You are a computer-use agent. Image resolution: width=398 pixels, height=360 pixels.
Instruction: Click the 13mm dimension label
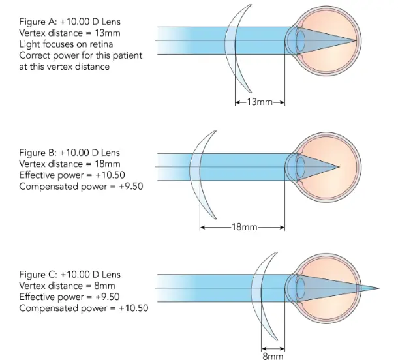coord(260,102)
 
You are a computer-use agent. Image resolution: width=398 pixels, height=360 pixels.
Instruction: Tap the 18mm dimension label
coord(245,226)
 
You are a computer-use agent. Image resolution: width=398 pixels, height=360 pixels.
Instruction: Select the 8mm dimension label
coord(273,356)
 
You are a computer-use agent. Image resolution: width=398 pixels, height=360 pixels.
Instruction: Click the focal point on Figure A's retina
coord(356,40)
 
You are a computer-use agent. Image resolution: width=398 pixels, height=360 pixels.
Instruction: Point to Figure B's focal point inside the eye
coord(339,167)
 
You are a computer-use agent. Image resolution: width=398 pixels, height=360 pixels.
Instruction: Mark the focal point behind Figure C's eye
coord(378,288)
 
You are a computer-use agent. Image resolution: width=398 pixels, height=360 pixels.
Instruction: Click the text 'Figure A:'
coord(38,22)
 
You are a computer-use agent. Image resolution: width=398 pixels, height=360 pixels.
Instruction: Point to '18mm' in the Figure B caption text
coord(108,164)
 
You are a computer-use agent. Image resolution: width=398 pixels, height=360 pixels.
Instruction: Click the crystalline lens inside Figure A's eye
coord(301,40)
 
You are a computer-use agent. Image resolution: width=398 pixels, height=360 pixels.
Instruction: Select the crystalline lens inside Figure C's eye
coord(301,288)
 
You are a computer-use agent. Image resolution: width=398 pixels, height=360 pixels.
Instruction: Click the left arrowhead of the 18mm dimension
coord(202,228)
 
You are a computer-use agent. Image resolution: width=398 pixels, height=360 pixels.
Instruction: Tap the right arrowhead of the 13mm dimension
coord(282,102)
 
